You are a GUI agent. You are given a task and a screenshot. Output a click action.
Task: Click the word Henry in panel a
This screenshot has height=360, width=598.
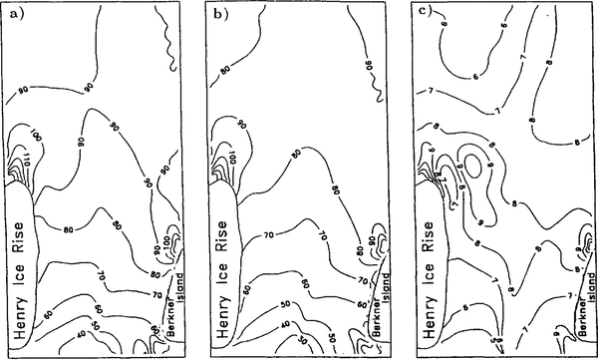coord(18,317)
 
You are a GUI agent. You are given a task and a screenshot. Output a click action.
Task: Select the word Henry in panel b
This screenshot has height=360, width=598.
coord(219,317)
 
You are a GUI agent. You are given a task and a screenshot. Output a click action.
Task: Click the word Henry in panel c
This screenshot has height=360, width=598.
coord(424,317)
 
